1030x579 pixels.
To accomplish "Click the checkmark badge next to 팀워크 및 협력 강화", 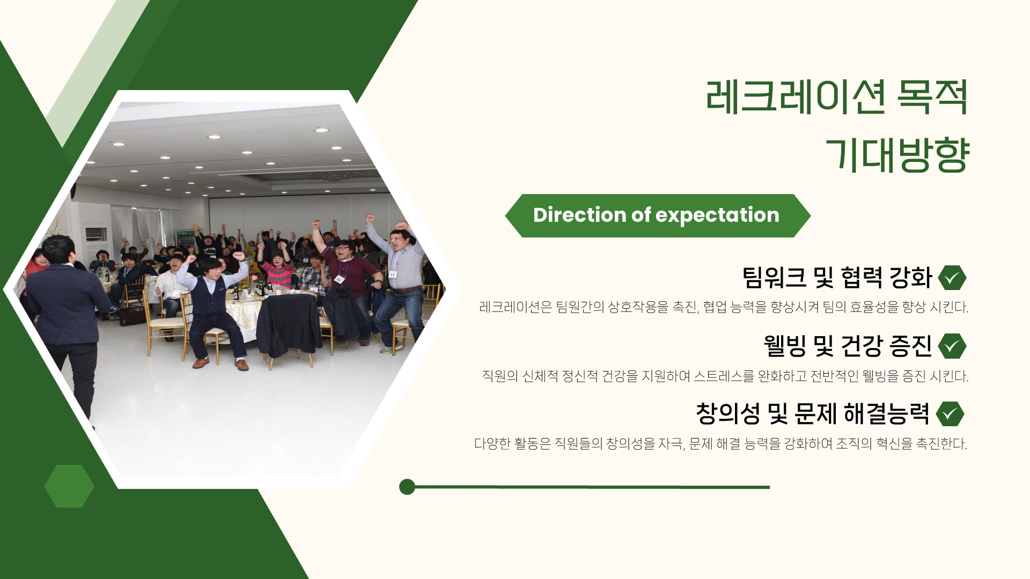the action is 952,278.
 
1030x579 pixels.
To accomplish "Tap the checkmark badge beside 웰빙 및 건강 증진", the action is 952,346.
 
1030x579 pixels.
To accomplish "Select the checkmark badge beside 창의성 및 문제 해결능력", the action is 950,414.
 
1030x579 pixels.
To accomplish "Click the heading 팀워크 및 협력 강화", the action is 837,278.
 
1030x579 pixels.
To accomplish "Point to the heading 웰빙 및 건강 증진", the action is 848,346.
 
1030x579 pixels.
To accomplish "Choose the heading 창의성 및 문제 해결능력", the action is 812,414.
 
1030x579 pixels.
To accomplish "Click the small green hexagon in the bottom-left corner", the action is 69,486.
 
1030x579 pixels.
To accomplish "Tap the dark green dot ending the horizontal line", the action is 407,487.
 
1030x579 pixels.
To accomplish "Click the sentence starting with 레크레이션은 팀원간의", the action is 724,307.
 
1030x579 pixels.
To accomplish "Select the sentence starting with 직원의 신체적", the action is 725,376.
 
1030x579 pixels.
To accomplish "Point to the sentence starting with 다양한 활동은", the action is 720,444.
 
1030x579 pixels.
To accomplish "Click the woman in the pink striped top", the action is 277,270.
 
